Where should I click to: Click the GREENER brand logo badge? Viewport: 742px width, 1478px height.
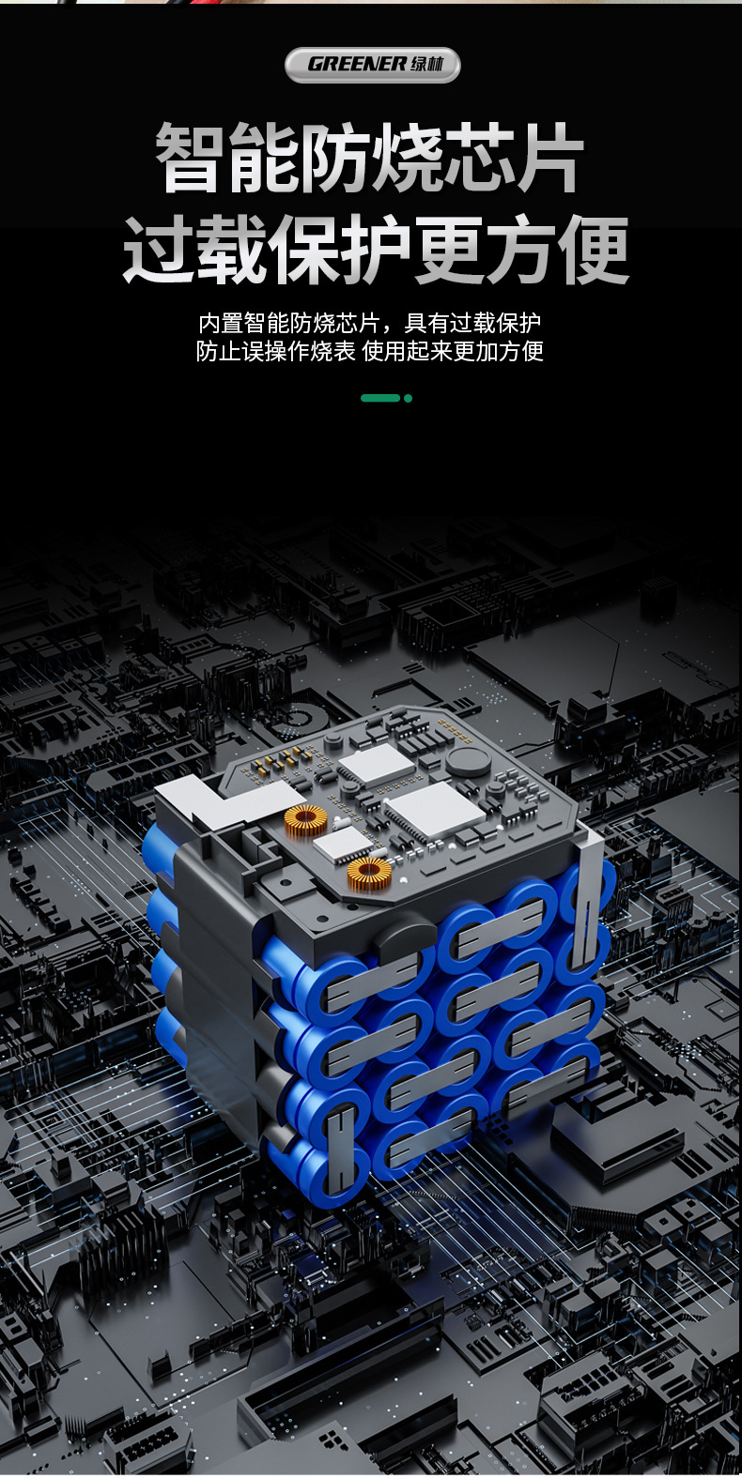pyautogui.click(x=372, y=65)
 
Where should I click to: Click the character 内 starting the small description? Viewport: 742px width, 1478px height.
pyautogui.click(x=209, y=324)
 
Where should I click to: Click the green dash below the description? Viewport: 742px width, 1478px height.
pyautogui.click(x=380, y=398)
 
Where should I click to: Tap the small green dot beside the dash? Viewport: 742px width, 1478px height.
pyautogui.click(x=408, y=398)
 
